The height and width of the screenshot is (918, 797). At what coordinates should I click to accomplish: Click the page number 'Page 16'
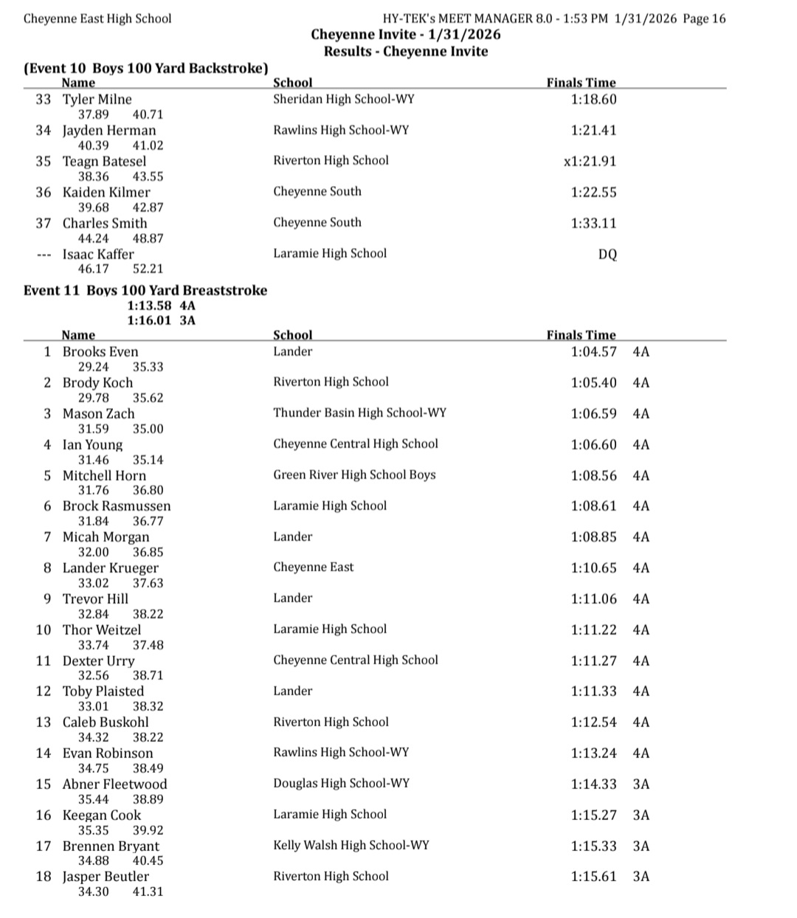click(x=704, y=19)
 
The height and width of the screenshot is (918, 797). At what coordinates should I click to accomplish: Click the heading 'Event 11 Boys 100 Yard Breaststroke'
click(x=145, y=290)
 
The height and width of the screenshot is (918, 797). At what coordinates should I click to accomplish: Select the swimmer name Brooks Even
click(x=100, y=352)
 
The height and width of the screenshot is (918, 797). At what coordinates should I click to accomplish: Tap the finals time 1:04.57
click(x=593, y=352)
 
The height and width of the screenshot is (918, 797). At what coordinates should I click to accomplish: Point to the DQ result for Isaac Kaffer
click(x=607, y=255)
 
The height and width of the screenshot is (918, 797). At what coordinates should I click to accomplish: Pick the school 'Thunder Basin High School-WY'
click(x=359, y=413)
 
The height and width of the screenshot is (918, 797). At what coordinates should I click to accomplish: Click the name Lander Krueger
click(x=110, y=568)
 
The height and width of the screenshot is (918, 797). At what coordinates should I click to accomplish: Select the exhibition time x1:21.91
click(x=590, y=162)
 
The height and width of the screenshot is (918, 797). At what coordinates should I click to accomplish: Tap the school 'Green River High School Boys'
click(x=354, y=475)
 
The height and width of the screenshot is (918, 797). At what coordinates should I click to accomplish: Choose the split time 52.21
click(x=148, y=269)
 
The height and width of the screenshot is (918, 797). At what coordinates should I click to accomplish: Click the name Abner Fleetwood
click(x=114, y=784)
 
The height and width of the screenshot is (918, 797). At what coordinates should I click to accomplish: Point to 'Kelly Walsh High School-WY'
click(x=351, y=846)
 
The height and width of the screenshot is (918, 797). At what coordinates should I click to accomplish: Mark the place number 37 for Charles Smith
click(x=43, y=224)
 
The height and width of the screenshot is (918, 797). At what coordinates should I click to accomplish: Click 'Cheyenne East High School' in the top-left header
click(x=97, y=19)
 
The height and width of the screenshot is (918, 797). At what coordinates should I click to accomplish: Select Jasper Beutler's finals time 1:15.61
click(x=593, y=877)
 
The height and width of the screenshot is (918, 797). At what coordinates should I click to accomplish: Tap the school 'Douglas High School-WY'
click(x=341, y=784)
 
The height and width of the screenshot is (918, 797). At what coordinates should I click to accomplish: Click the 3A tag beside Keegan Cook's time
click(x=641, y=815)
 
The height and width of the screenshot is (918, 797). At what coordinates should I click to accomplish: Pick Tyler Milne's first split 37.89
click(x=93, y=114)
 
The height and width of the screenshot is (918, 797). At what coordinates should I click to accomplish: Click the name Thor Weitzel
click(x=101, y=630)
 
